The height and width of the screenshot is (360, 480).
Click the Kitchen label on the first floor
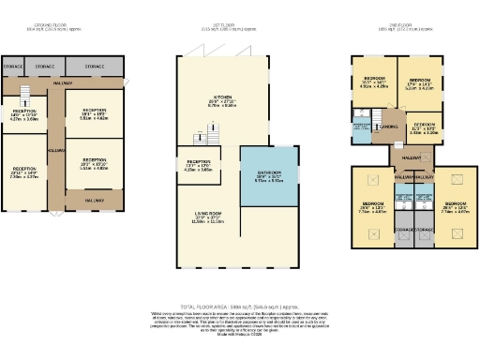tap(222, 98)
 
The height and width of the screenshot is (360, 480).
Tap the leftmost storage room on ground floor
tap(12, 67)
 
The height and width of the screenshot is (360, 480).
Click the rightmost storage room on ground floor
tap(94, 67)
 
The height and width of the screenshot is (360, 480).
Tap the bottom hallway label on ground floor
tap(94, 199)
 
